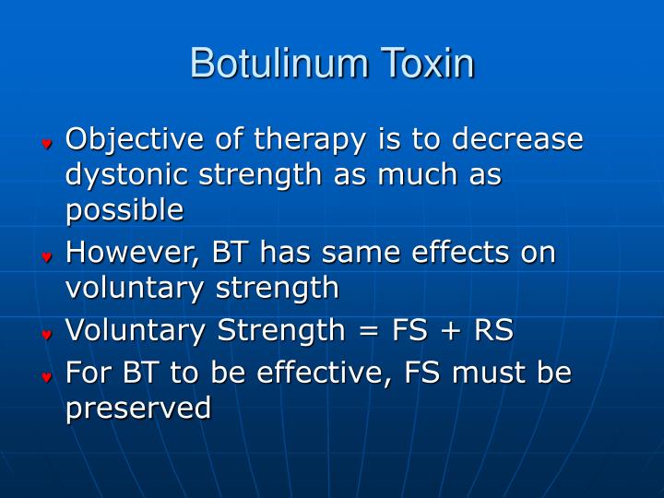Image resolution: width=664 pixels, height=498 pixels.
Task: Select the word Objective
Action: pos(128,140)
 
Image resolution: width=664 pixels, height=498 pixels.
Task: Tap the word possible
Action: pos(125,211)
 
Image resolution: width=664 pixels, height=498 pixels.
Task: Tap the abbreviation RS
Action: pos(492,329)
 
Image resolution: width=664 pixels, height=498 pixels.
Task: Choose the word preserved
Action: pos(138,409)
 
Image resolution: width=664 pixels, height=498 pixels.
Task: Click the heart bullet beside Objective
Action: pos(45,145)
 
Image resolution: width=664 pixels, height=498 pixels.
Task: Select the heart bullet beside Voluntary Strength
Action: pos(45,335)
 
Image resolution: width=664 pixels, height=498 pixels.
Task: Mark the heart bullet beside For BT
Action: pos(45,377)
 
